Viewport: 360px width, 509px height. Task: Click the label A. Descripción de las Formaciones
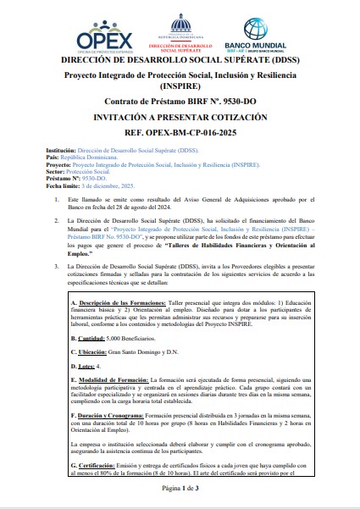click(111, 302)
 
